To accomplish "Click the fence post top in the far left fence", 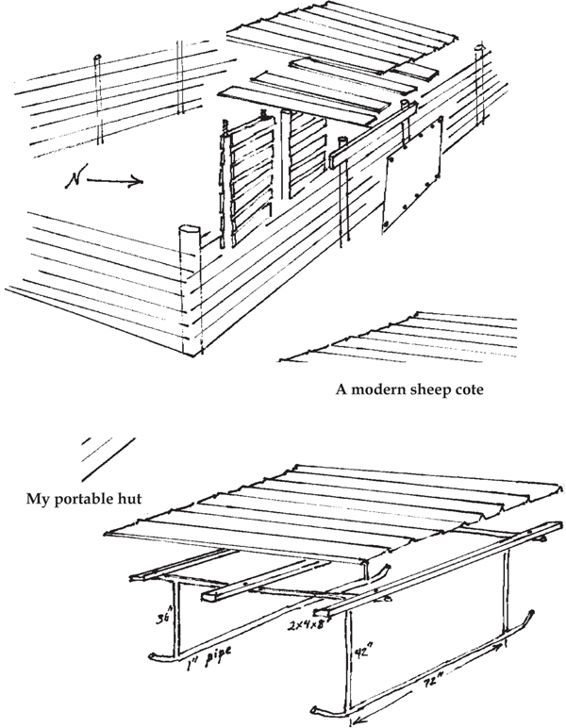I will click(98, 61).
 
